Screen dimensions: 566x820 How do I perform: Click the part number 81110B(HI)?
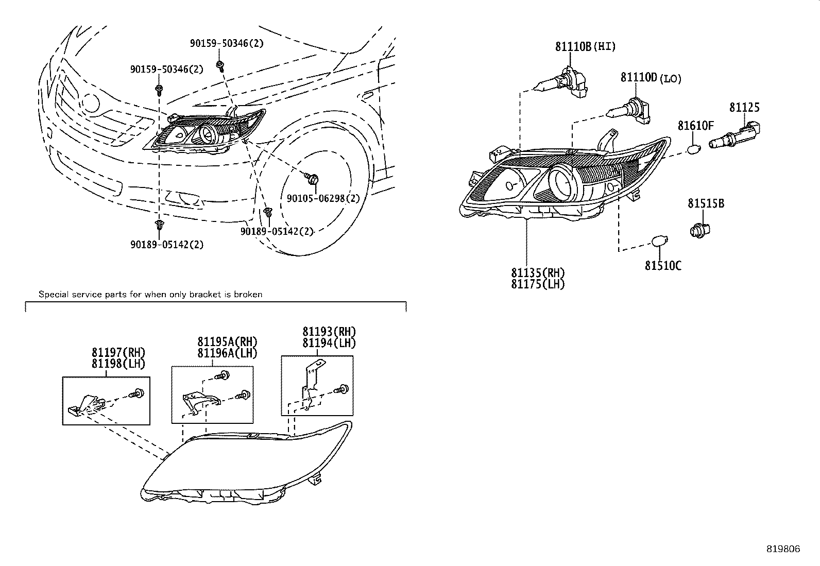[x=585, y=46]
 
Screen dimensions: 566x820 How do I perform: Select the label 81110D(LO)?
[x=651, y=78]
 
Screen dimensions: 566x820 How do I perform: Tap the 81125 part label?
[x=744, y=108]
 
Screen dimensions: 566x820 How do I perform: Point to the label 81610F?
[x=695, y=125]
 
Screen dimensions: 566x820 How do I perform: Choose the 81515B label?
[x=706, y=203]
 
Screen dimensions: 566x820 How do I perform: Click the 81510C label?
[x=663, y=266]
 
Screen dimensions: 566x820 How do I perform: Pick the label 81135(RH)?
[x=538, y=273]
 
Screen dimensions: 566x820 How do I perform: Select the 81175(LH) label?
[x=538, y=284]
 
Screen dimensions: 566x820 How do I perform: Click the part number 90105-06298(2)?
[x=323, y=198]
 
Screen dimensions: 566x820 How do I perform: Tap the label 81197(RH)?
[x=118, y=353]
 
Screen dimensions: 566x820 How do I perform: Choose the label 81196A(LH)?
[x=227, y=353]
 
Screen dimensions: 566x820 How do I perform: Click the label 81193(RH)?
[x=329, y=332]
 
